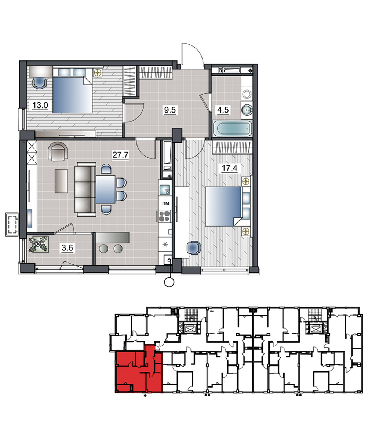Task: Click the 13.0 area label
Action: (x=40, y=105)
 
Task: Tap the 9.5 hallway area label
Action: (x=170, y=110)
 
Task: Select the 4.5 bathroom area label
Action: (x=223, y=110)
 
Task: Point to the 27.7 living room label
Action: (x=120, y=155)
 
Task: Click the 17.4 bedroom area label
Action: (x=229, y=168)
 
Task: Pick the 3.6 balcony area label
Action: (x=67, y=248)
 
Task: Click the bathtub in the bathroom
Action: (x=232, y=129)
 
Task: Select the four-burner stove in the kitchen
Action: (x=164, y=216)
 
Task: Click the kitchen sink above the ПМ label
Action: (x=164, y=190)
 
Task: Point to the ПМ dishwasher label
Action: (x=165, y=203)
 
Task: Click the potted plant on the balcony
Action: (x=39, y=245)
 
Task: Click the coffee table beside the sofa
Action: (x=61, y=181)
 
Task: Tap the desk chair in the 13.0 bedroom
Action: (x=39, y=83)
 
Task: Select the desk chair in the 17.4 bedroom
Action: (x=194, y=247)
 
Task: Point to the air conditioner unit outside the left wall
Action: (x=12, y=225)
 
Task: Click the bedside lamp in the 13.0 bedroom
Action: (x=98, y=73)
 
